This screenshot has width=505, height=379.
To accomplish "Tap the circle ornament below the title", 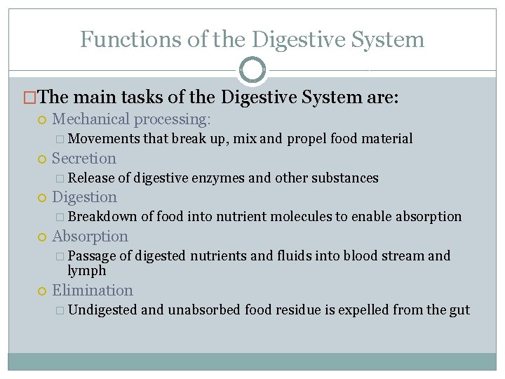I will [x=252, y=70].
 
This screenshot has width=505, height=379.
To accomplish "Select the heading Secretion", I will [x=84, y=159].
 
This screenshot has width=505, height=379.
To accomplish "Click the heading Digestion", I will [x=84, y=197].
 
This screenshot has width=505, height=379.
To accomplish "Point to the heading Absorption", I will [x=90, y=237].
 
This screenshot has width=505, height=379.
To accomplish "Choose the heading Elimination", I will [x=92, y=291].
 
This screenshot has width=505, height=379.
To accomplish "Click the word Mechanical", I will [x=91, y=120].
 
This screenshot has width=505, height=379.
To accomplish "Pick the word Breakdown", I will [x=102, y=217].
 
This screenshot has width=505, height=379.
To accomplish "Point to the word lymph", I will [x=87, y=271].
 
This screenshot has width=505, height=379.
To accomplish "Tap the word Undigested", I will [x=103, y=310].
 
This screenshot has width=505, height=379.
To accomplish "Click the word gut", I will [x=459, y=310].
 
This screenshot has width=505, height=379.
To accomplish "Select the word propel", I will [x=306, y=139].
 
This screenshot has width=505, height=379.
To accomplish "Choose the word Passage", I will [x=93, y=256].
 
